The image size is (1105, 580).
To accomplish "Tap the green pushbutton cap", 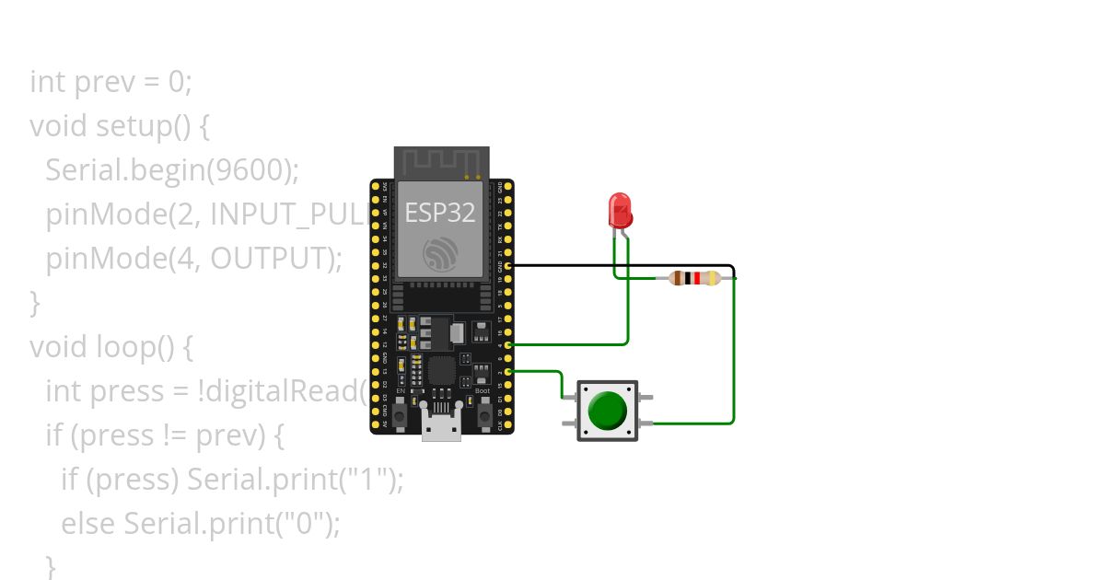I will click(x=607, y=411).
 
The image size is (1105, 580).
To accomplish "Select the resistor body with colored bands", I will click(x=694, y=277).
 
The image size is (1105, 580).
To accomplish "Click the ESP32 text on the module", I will click(x=440, y=213).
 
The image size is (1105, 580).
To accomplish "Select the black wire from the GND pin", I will click(x=626, y=265).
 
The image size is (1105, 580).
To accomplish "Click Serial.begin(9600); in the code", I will click(x=172, y=170).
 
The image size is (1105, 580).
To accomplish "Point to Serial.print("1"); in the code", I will click(x=295, y=480).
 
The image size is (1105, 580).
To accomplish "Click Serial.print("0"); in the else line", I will click(x=232, y=524).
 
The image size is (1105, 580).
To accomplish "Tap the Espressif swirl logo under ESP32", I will click(x=440, y=253).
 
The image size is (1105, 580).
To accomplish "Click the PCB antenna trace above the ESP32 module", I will click(x=440, y=162).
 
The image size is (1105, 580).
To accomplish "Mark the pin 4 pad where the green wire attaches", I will click(x=508, y=343).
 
